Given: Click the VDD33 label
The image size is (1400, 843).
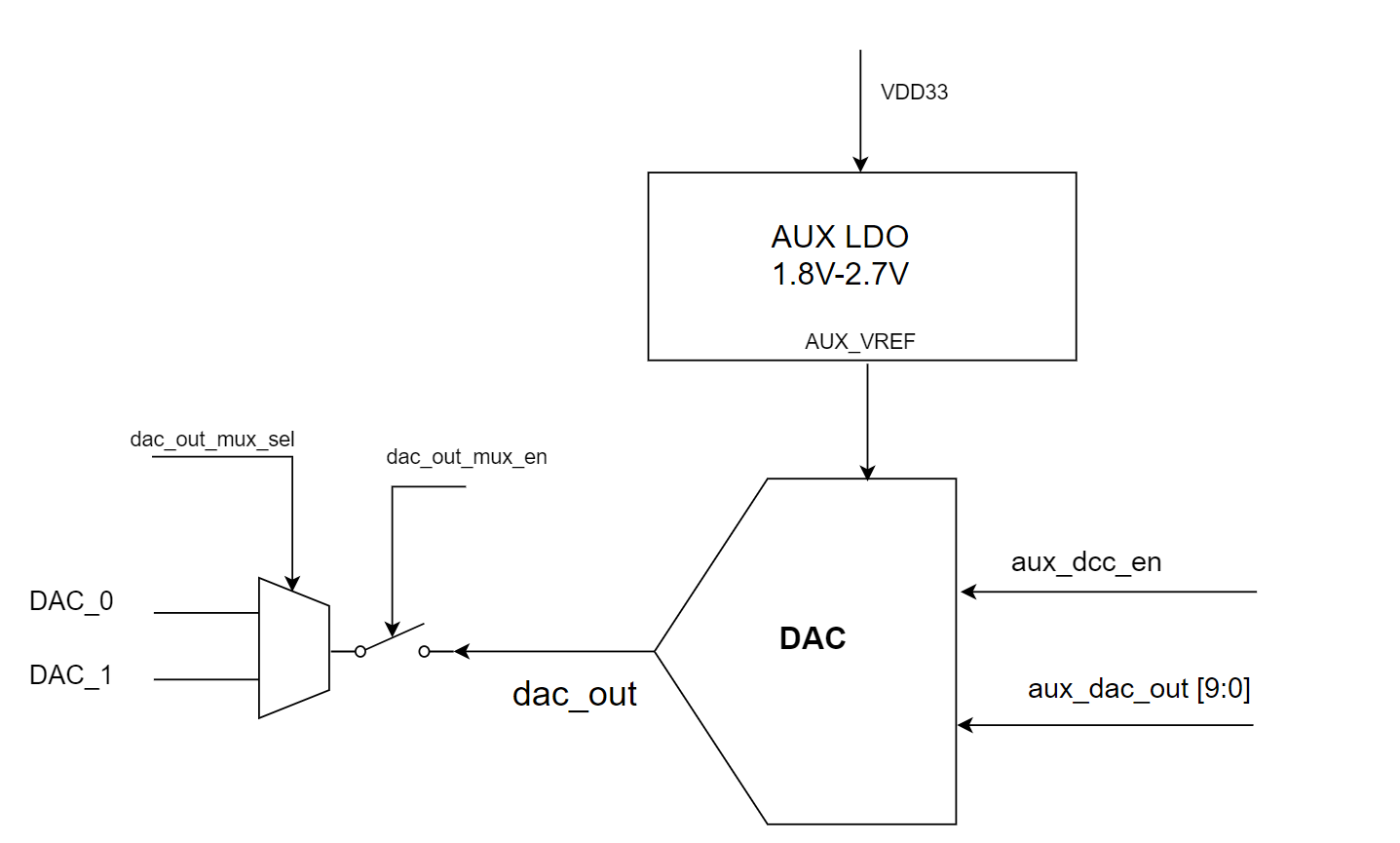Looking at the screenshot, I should coord(914,93).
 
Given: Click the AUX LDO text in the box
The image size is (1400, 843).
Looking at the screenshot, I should coord(840,237).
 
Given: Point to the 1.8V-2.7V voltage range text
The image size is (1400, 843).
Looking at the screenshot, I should coord(840,275).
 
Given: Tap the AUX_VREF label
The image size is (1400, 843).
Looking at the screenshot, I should coord(859,342).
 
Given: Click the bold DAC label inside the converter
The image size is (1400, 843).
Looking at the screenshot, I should coord(813,638).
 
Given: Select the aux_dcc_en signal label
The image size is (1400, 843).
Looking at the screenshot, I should coord(1085,562).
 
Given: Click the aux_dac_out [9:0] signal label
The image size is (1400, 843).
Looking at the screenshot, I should coord(1138,689).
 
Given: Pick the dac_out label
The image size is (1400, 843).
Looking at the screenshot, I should coord(574,694).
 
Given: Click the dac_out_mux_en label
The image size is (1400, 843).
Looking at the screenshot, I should coord(466,457).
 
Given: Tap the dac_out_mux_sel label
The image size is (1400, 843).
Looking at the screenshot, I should coord(211,440).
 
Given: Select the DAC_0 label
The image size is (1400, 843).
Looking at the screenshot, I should coord(71,601).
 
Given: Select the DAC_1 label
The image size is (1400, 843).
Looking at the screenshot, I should coord(71,675).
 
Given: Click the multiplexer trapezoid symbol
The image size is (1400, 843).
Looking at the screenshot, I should coord(293,648).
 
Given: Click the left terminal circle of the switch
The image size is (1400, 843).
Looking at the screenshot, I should coord(360,651).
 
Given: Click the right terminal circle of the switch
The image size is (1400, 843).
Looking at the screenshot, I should coord(424,651).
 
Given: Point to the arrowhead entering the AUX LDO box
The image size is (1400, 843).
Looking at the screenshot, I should coord(860,165).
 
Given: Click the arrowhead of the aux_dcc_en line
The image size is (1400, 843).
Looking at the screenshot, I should coord(968,592).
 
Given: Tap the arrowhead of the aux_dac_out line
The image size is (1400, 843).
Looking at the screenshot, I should coord(965,725).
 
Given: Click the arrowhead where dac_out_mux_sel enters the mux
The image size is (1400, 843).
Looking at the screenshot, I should coord(291,584).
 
